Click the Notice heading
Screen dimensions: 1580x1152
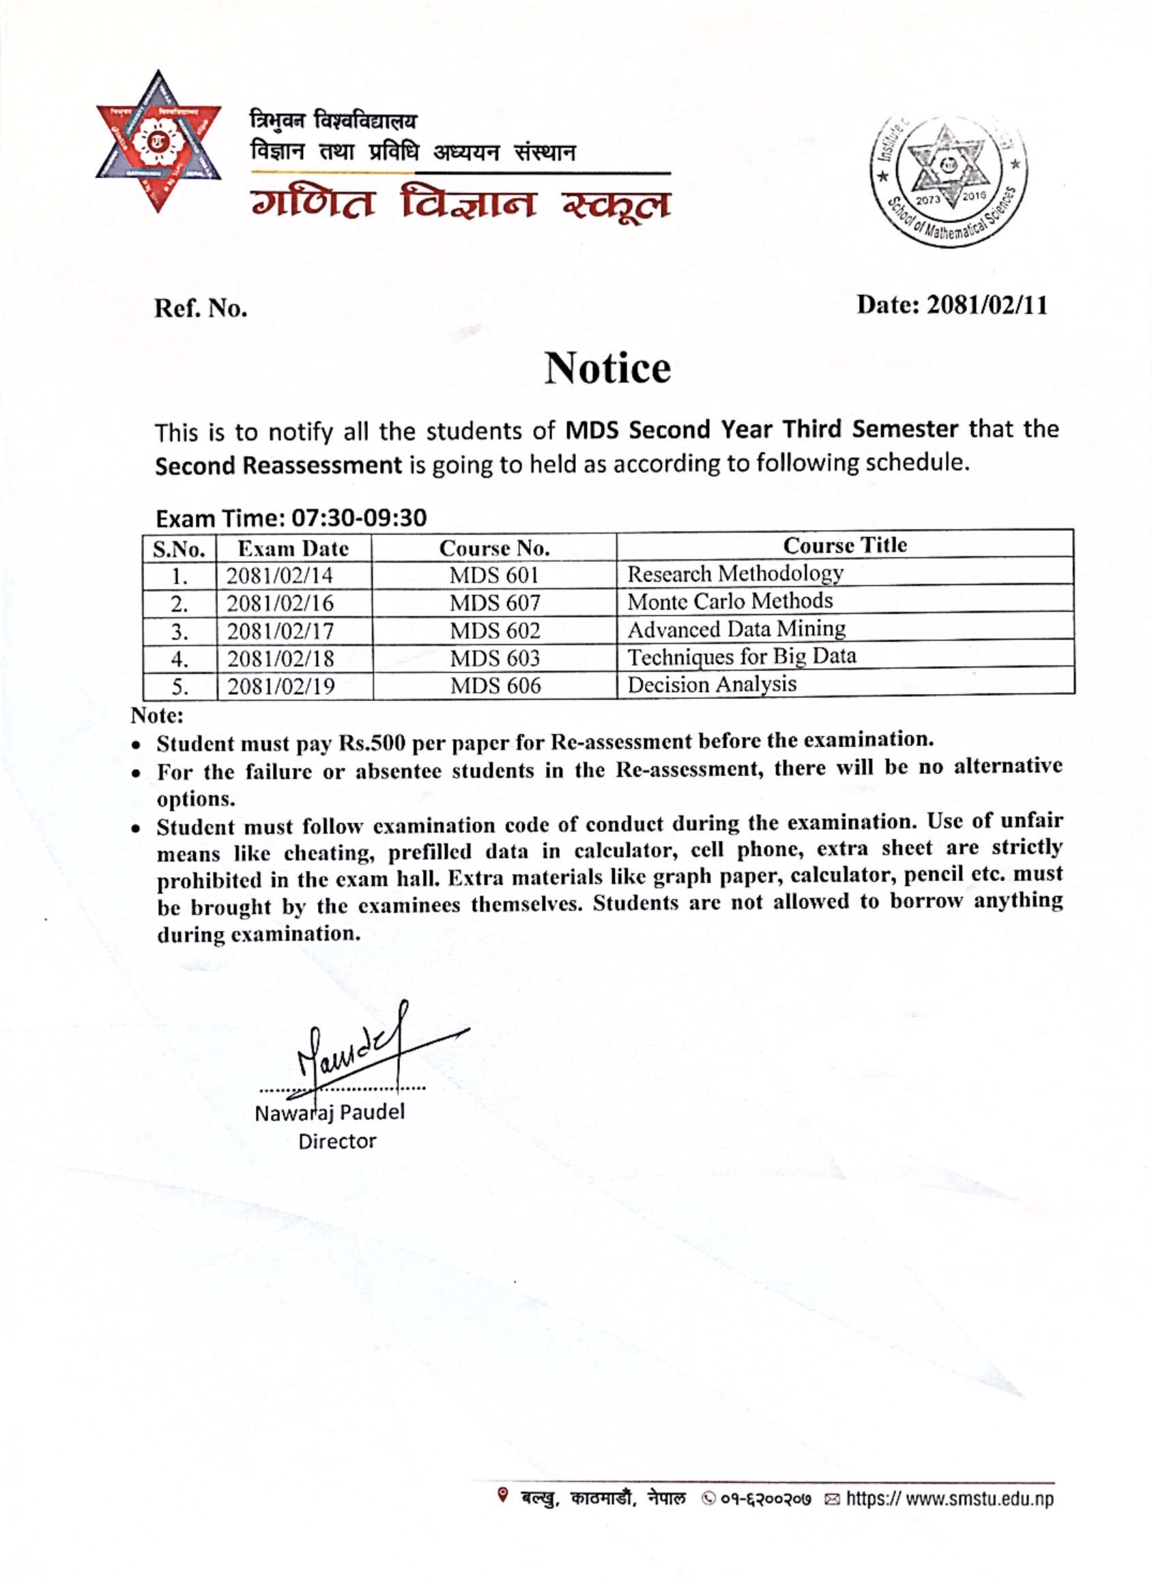(x=607, y=368)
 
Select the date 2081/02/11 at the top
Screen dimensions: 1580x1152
(x=986, y=305)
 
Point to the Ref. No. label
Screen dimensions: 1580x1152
(x=201, y=308)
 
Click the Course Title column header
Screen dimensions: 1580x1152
(x=844, y=545)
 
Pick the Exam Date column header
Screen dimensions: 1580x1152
(x=293, y=549)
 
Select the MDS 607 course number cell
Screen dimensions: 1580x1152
(x=494, y=603)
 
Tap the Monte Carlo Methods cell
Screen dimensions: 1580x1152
(x=730, y=601)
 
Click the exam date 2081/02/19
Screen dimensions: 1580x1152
(x=280, y=686)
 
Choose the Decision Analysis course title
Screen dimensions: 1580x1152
(x=711, y=684)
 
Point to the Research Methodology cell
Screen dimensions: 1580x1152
(x=735, y=573)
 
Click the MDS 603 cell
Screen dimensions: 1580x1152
(x=494, y=658)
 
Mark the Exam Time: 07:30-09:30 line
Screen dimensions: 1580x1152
(x=291, y=518)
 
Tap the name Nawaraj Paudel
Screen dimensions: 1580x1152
(x=330, y=1112)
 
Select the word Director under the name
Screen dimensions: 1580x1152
(x=337, y=1141)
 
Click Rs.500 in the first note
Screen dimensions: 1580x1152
(x=372, y=743)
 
